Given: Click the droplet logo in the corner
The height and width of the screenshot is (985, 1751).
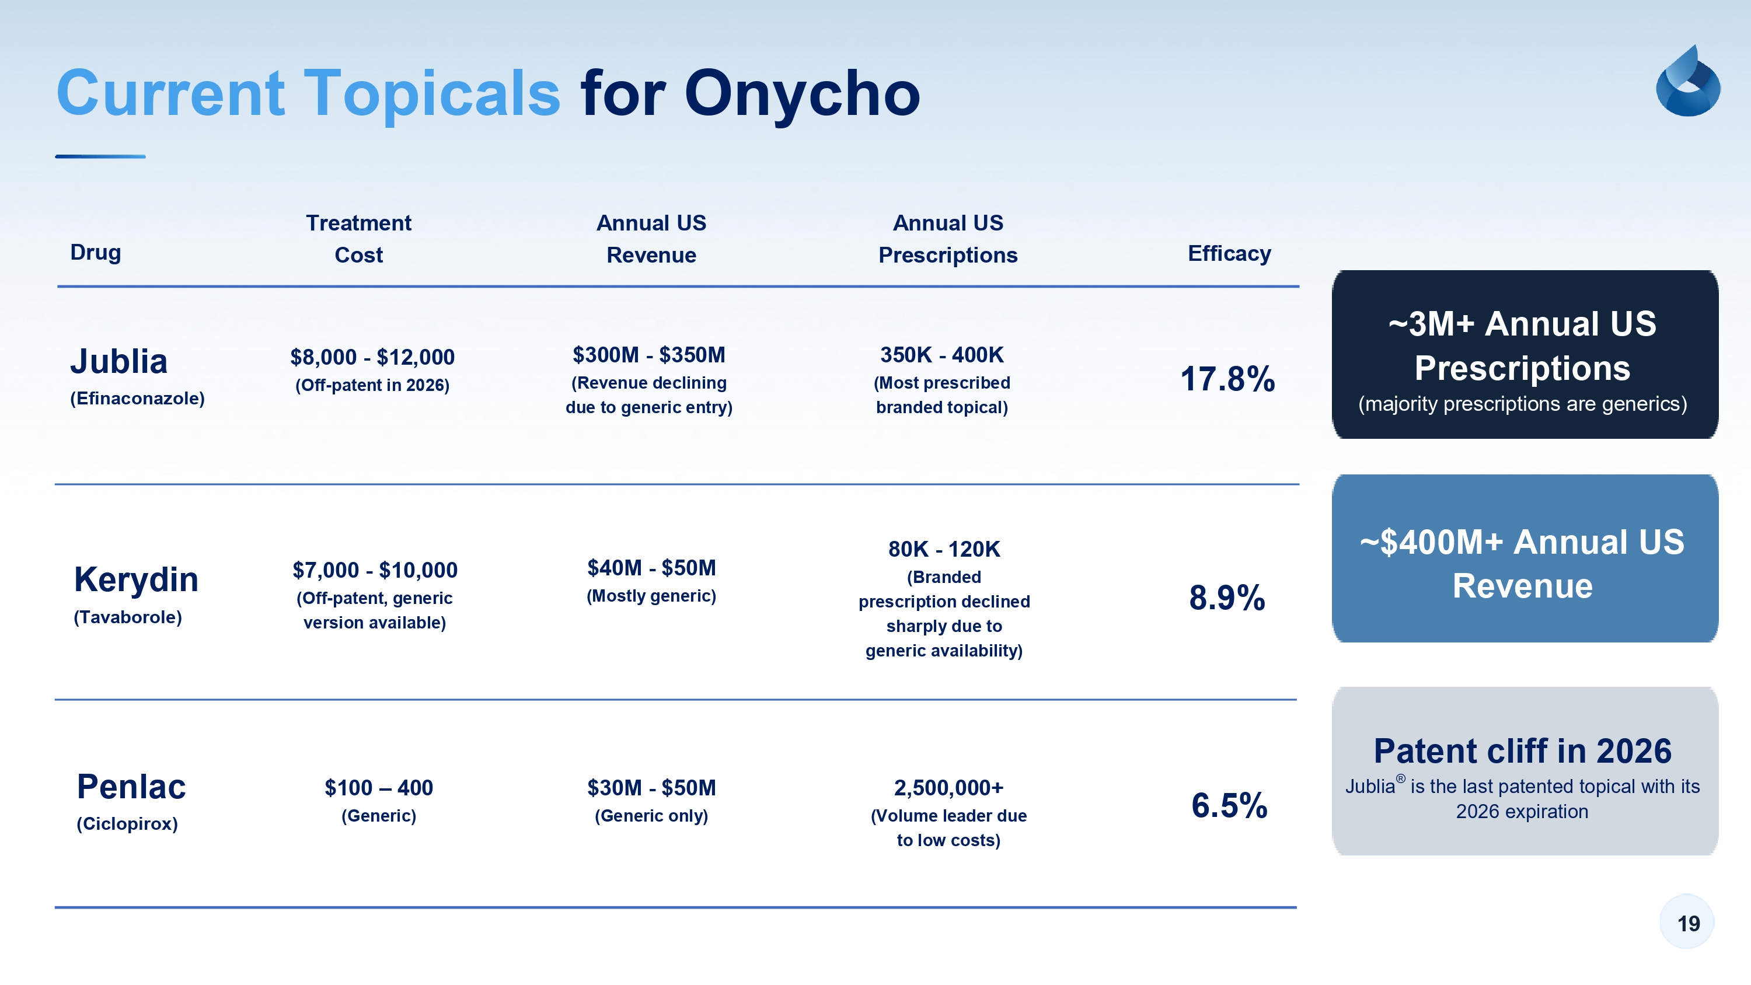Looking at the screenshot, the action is [x=1688, y=81].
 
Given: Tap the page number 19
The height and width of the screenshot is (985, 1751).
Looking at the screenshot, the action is [x=1689, y=923].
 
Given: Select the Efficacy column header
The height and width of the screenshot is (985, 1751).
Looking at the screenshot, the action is [x=1229, y=254].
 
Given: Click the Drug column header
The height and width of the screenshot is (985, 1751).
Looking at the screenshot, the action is [x=96, y=252].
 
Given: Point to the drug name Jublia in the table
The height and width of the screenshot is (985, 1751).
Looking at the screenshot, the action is [x=119, y=361].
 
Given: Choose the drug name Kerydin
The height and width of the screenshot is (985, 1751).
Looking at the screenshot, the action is [x=136, y=579].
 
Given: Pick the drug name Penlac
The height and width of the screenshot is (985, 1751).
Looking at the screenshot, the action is [x=131, y=787].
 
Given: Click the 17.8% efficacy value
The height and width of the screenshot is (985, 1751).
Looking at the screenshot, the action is [x=1227, y=379].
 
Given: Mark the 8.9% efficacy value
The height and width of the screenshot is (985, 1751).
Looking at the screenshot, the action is [x=1227, y=598].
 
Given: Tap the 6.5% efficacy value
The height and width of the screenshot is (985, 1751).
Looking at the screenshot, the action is [x=1229, y=805].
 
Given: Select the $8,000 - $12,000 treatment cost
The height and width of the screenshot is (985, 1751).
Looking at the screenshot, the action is [x=372, y=357].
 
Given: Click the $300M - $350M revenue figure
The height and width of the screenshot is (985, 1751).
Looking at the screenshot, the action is [x=649, y=355].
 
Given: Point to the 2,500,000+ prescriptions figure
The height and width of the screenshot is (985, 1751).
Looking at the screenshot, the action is [x=949, y=788].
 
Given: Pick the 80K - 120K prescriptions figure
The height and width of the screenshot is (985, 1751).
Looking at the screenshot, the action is [x=944, y=549].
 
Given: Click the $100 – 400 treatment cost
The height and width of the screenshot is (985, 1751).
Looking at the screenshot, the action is [x=379, y=788].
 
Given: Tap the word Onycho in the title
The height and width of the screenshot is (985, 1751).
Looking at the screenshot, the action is [x=802, y=93].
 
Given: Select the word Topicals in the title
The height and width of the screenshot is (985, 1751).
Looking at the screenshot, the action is [x=432, y=93].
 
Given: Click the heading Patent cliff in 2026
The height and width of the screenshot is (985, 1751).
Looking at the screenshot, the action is [x=1523, y=751].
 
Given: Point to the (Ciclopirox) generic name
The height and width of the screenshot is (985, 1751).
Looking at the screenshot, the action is [x=127, y=824].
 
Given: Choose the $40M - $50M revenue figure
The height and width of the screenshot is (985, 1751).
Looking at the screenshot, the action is [x=652, y=568].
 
